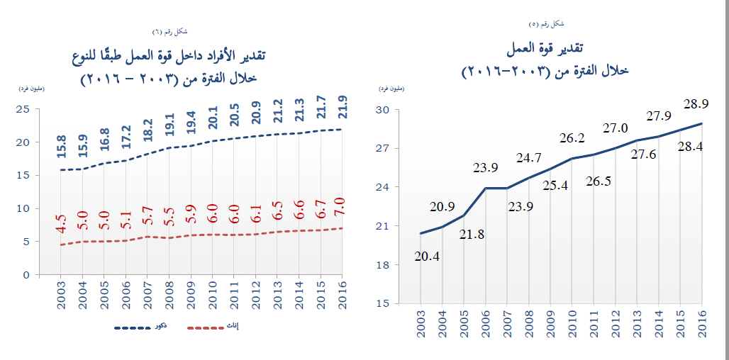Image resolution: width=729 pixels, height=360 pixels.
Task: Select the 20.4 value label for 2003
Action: pyautogui.click(x=428, y=257)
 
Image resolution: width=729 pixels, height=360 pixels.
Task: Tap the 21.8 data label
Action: pyautogui.click(x=471, y=234)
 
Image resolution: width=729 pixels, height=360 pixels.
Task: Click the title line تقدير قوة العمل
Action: pyautogui.click(x=545, y=49)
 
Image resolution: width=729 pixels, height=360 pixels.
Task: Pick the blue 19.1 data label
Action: pyautogui.click(x=170, y=130)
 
